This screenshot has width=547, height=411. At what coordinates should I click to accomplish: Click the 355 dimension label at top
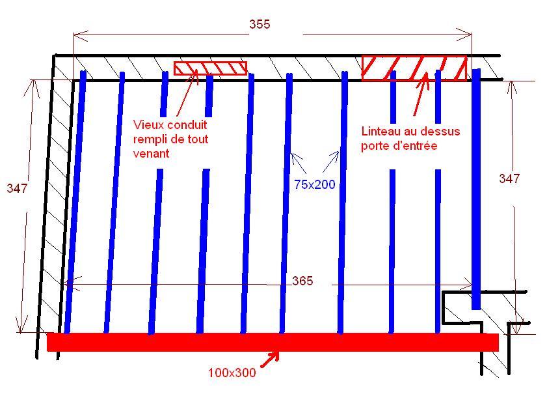(x=259, y=25)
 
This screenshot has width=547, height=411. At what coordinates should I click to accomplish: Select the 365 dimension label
(x=302, y=281)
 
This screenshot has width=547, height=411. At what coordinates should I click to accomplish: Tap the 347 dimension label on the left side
(x=17, y=189)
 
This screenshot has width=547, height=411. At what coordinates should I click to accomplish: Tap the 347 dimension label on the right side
(x=509, y=178)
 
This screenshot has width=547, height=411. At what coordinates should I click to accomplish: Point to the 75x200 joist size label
(x=314, y=185)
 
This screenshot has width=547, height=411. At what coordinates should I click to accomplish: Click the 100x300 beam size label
(x=232, y=373)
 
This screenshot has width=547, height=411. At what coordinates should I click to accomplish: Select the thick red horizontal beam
(x=273, y=342)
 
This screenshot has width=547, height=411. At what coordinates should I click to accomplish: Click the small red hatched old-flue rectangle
(x=210, y=68)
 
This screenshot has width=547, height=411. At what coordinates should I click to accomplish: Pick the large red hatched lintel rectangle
(x=414, y=68)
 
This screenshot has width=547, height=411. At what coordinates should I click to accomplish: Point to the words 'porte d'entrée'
(x=399, y=147)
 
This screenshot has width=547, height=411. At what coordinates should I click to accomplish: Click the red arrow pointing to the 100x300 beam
(x=269, y=359)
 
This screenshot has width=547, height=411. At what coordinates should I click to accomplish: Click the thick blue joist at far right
(x=476, y=189)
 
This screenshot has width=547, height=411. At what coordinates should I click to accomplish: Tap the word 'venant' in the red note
(x=152, y=154)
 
